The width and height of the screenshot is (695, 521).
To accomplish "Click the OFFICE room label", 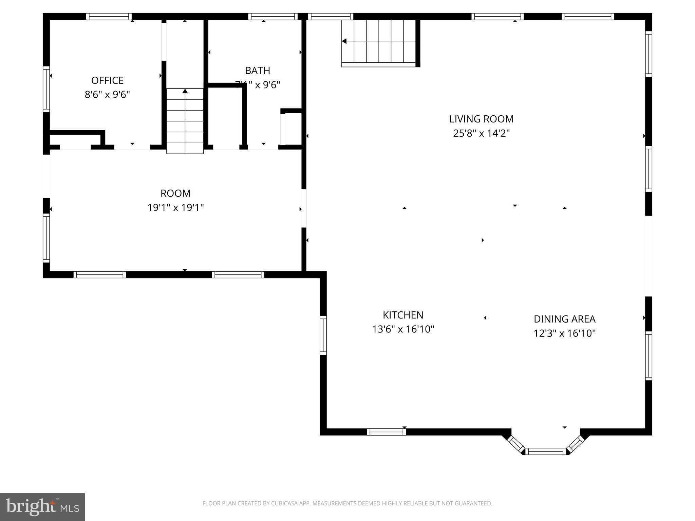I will click(107, 80).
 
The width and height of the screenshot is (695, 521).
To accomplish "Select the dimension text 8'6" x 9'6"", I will click(107, 94).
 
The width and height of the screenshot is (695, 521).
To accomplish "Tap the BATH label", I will click(258, 71).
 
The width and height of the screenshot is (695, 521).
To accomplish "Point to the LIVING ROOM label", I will click(481, 119).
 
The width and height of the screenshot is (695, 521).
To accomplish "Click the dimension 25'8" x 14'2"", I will click(481, 133).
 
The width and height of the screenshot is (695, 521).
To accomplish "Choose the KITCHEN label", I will click(403, 315).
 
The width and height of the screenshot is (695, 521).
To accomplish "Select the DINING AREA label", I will click(564, 319).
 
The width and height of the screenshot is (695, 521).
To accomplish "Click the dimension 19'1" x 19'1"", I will click(175, 207).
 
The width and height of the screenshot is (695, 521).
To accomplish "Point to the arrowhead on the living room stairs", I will click(344, 41).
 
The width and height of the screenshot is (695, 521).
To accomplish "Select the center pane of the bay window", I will click(546, 451).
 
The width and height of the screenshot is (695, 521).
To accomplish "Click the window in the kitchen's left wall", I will click(323, 335).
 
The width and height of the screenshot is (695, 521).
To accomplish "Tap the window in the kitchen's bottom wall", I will click(386, 432).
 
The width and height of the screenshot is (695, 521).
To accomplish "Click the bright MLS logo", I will click(42, 507).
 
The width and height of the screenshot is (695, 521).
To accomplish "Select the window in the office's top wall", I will click(109, 17).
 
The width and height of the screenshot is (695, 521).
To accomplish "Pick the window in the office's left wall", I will click(46, 89).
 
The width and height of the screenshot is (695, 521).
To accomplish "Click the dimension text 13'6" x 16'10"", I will click(403, 329).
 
